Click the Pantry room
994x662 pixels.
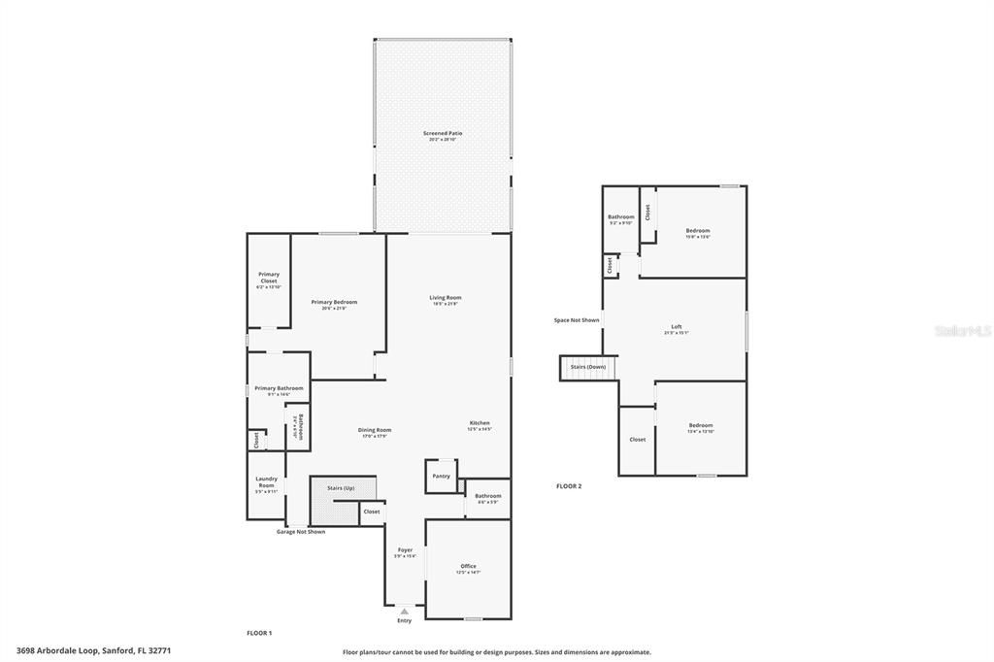[x=441, y=476]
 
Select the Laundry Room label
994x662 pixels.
[x=267, y=481]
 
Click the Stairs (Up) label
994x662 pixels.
[x=341, y=488]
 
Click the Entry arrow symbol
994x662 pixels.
[x=404, y=612]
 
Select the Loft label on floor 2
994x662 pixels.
[x=676, y=328]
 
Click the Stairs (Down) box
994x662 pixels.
[x=588, y=368]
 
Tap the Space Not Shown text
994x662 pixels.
[x=577, y=319]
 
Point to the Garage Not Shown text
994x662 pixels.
[x=301, y=532]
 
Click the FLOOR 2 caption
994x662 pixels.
[x=569, y=485]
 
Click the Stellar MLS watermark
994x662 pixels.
[x=962, y=331]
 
